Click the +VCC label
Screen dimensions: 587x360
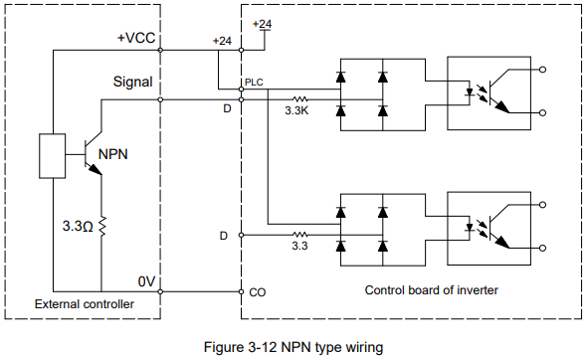136,38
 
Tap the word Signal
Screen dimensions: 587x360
133,82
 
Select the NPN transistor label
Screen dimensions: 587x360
113,154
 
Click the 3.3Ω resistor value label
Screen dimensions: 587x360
78,226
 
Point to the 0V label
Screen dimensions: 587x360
146,281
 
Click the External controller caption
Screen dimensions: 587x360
85,304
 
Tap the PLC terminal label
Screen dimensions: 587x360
254,83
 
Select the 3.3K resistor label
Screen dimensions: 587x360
296,110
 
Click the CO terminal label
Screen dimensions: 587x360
258,292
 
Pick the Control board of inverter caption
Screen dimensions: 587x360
431,290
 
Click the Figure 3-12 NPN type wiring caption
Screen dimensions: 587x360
293,347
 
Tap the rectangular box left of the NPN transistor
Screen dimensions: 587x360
53,156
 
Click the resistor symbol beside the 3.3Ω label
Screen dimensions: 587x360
101,226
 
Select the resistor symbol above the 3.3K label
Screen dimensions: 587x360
299,99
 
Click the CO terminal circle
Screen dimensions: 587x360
242,291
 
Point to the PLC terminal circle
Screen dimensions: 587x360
242,90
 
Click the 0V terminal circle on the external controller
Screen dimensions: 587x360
160,291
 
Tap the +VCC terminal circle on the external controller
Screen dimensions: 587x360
160,50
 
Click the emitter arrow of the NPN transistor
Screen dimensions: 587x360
96,169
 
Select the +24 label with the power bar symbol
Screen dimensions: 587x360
263,25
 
